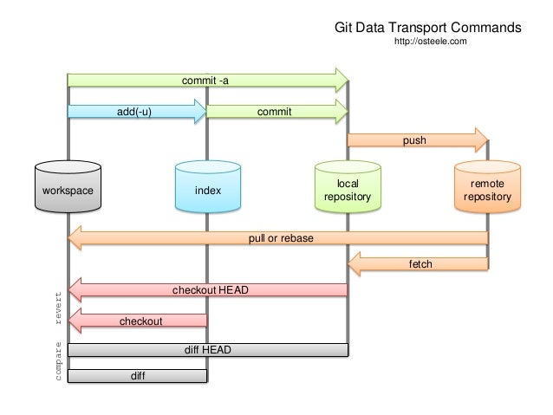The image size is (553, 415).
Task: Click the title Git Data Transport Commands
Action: (x=427, y=26)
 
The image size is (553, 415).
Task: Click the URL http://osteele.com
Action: (x=431, y=41)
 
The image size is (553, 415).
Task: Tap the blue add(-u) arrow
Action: (x=136, y=112)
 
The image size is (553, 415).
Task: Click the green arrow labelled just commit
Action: (x=276, y=112)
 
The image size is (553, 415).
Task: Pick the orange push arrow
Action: (x=416, y=139)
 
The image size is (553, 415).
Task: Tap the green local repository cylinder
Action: (x=347, y=189)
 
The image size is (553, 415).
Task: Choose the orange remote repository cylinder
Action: (x=488, y=189)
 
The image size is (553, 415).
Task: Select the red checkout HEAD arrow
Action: (x=208, y=289)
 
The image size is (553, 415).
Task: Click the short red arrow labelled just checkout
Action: (x=139, y=321)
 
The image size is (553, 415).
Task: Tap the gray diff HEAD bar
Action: (x=208, y=350)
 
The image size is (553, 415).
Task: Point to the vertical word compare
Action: (x=59, y=362)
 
